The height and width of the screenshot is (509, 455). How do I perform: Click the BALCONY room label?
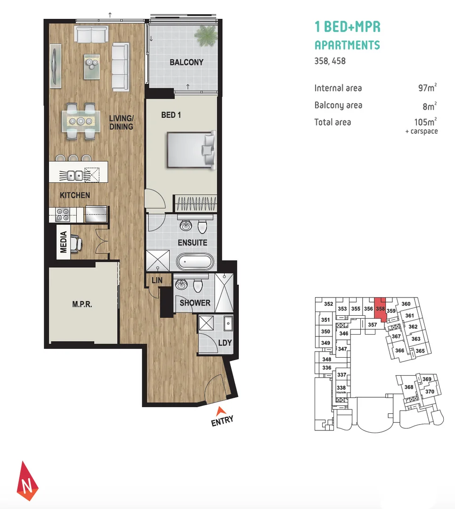coord(187,62)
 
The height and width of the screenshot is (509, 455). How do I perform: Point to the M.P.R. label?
coord(82,304)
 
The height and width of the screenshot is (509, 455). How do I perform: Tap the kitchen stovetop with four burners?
coord(63,214)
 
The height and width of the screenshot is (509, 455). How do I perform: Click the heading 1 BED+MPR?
coord(347,27)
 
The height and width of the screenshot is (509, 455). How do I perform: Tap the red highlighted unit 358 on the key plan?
coord(381,309)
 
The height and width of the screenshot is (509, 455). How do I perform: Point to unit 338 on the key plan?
coord(341,387)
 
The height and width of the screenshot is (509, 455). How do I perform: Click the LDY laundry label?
coord(225,343)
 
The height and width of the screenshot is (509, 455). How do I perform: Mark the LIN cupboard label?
coord(157,280)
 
